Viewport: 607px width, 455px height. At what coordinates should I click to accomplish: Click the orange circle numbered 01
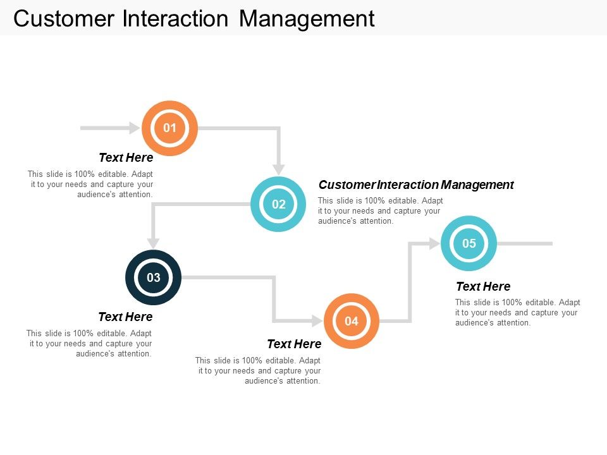(169, 128)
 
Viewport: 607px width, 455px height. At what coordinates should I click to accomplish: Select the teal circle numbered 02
(278, 204)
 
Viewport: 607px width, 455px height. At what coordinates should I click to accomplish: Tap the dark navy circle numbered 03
(153, 277)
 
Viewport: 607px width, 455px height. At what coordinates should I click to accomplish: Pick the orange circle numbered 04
(351, 321)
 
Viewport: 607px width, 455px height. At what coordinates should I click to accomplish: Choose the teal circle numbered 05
(469, 243)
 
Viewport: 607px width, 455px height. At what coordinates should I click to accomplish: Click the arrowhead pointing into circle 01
(134, 128)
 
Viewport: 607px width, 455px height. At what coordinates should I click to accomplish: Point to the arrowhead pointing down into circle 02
(278, 169)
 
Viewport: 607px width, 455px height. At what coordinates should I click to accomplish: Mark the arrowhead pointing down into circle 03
(153, 243)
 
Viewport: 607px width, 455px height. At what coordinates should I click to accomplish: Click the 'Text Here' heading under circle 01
(126, 157)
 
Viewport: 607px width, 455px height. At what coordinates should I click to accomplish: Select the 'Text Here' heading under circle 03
(125, 317)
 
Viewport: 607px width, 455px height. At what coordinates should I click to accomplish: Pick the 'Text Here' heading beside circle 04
(294, 344)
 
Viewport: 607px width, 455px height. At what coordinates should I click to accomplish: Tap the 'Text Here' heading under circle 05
(483, 286)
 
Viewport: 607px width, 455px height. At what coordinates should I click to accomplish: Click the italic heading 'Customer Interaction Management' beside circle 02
(416, 185)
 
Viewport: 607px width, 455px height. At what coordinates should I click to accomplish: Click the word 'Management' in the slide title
(307, 19)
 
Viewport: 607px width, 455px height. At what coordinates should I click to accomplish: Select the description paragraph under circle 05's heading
(517, 312)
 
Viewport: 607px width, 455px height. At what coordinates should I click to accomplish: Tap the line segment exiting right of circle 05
(525, 243)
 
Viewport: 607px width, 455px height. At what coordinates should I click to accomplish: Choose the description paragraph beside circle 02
(380, 211)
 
